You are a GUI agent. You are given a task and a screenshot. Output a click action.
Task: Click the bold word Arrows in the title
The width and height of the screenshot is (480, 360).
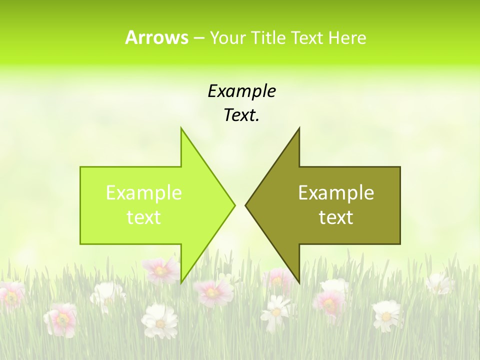[156, 37]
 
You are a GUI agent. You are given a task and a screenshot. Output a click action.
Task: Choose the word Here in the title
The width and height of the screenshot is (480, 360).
[347, 37]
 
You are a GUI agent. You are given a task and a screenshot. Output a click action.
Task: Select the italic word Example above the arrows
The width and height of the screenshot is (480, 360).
[241, 91]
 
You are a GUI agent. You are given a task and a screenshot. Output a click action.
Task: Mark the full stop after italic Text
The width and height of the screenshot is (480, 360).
[257, 120]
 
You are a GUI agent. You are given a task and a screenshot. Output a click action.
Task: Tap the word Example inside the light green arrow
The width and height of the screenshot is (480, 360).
[143, 193]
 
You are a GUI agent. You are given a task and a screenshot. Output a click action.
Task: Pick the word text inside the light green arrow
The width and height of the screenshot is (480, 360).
[143, 217]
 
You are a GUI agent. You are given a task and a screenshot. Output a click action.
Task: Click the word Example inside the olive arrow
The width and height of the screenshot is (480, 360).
[336, 193]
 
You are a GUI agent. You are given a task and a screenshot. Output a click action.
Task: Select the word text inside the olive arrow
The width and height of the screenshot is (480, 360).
[336, 217]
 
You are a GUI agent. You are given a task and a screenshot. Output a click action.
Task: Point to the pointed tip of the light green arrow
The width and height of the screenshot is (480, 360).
[234, 205]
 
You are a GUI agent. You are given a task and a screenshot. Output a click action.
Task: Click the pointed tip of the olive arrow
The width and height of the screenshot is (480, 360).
[245, 205]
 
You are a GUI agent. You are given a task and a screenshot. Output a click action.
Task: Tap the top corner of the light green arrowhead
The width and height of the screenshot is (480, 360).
[181, 128]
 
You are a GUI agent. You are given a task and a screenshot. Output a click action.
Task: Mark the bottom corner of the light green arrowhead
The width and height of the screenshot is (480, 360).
[181, 282]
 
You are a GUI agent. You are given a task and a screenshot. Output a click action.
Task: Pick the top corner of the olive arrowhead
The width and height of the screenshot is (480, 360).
[299, 128]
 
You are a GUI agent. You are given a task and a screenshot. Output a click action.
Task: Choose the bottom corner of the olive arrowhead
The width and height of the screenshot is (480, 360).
[299, 282]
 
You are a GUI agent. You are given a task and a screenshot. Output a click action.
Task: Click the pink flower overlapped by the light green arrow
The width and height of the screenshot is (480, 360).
[161, 270]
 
